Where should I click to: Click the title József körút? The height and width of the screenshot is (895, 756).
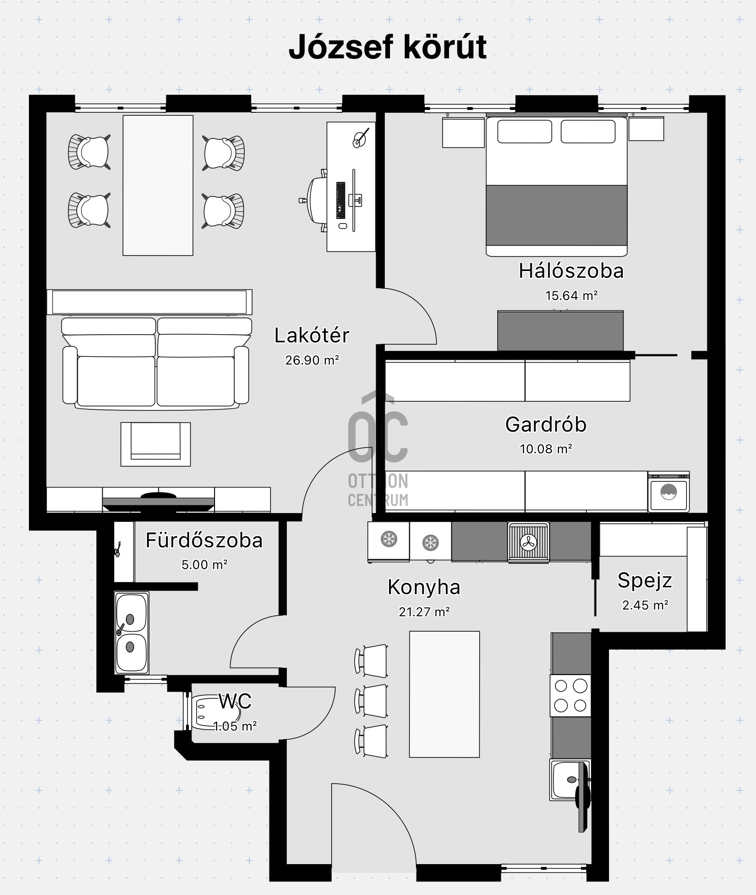pos(388,47)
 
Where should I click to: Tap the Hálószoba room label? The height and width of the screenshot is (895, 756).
pos(571,271)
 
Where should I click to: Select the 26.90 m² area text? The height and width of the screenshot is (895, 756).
pos(312,360)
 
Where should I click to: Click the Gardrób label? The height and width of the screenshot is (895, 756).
pos(546,424)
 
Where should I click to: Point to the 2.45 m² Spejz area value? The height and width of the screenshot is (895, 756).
pos(645,605)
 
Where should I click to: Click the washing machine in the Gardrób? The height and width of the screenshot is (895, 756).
pos(669,492)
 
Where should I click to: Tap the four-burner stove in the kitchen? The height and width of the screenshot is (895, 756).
pos(571,695)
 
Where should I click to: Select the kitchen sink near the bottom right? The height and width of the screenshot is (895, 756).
pos(570,780)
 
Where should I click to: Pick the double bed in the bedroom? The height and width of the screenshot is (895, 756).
pos(556,186)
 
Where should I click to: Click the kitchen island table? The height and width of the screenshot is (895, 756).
pos(444,694)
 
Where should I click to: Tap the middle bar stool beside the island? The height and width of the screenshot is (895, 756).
pos(371,700)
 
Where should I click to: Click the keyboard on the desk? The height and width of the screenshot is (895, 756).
pos(341,200)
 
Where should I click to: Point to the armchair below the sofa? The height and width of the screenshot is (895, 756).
pos(155,444)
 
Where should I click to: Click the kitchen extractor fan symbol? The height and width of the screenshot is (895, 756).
pos(528,542)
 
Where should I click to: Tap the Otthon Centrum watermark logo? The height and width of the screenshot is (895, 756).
pos(378,449)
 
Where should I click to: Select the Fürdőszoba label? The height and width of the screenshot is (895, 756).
pos(204,540)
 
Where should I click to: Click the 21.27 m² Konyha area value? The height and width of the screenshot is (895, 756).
pos(424,611)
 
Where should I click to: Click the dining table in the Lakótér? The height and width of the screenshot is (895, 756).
pos(158,185)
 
